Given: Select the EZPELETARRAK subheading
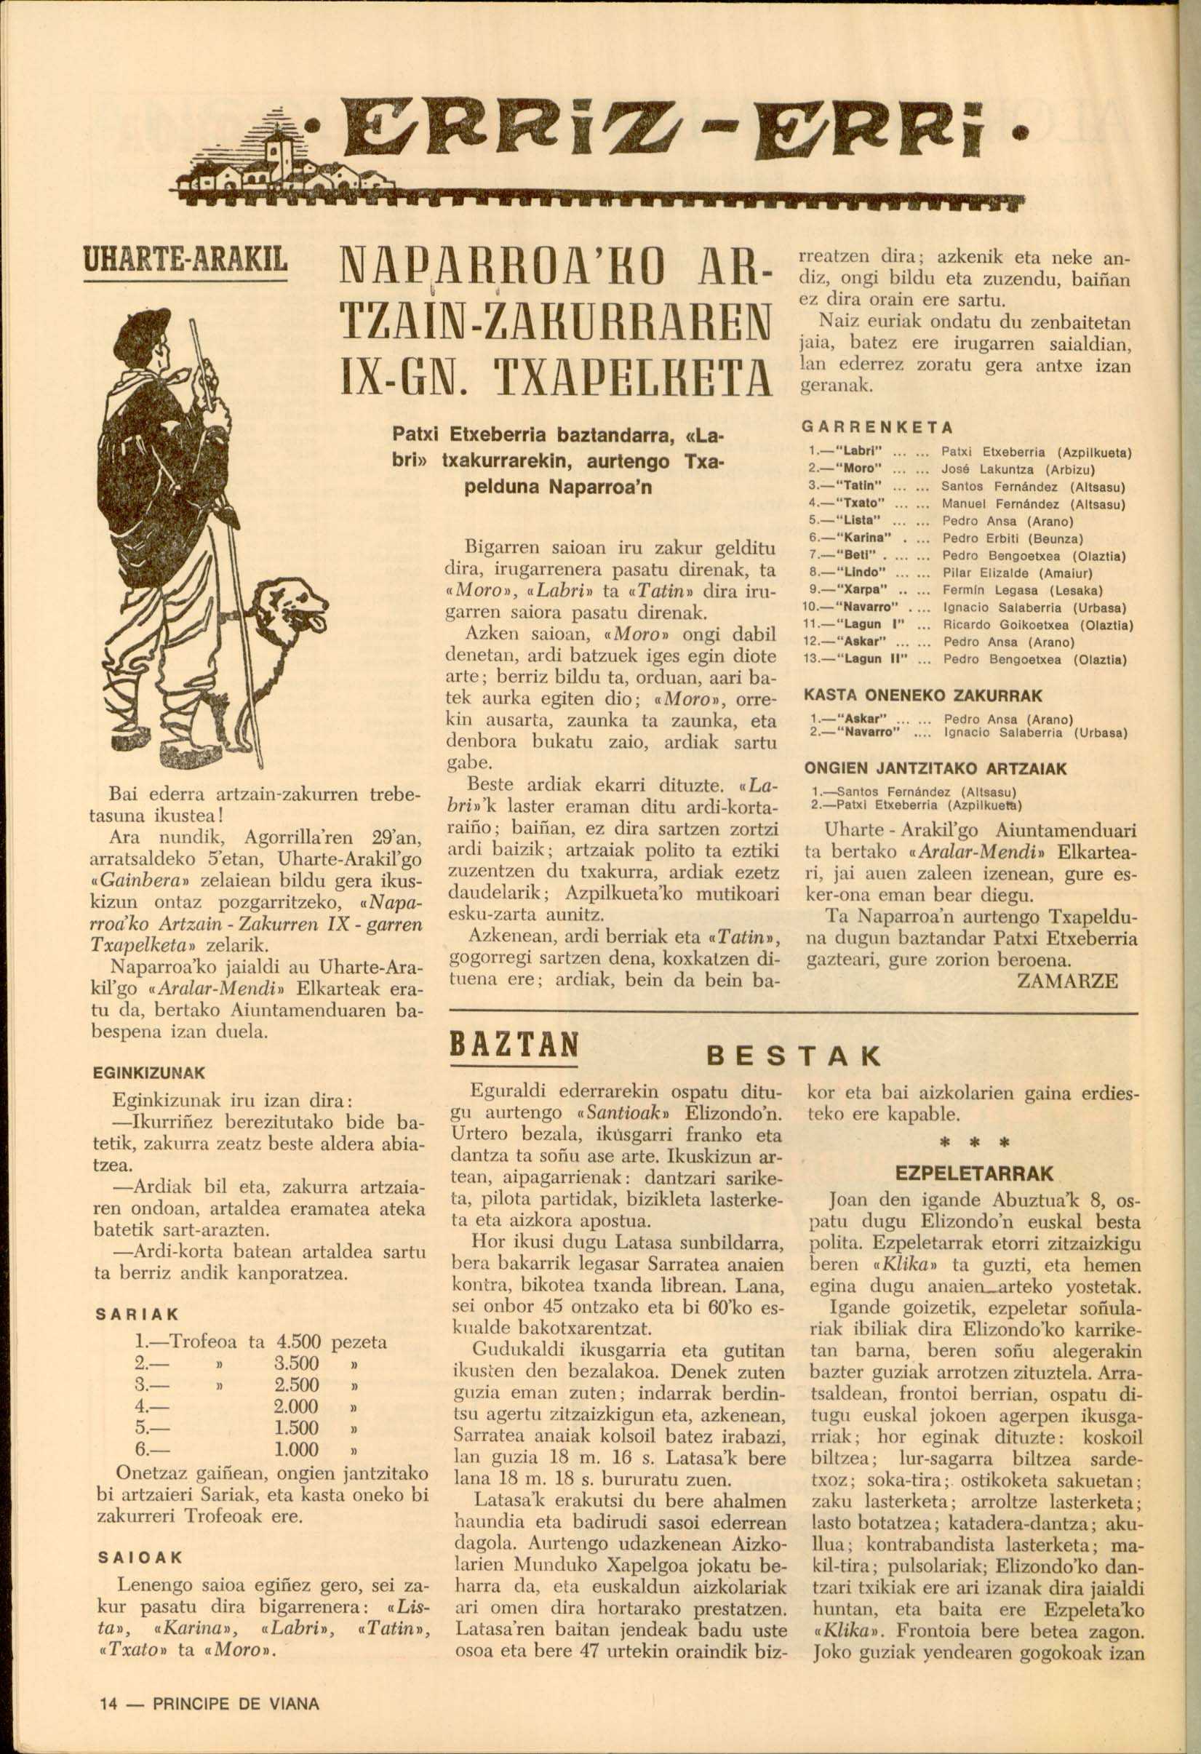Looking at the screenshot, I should click(973, 1174).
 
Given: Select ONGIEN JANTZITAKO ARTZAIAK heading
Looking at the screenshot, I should click(935, 769).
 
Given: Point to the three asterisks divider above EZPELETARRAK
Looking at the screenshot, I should click(974, 1144).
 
